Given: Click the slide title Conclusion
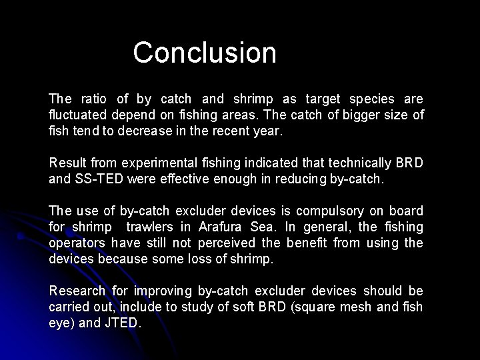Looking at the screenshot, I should (x=205, y=53).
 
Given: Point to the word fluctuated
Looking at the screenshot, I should (x=79, y=115).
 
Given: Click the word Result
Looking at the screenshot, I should (x=67, y=163).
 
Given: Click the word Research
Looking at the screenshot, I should (x=77, y=291).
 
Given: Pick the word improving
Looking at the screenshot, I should (x=161, y=291).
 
